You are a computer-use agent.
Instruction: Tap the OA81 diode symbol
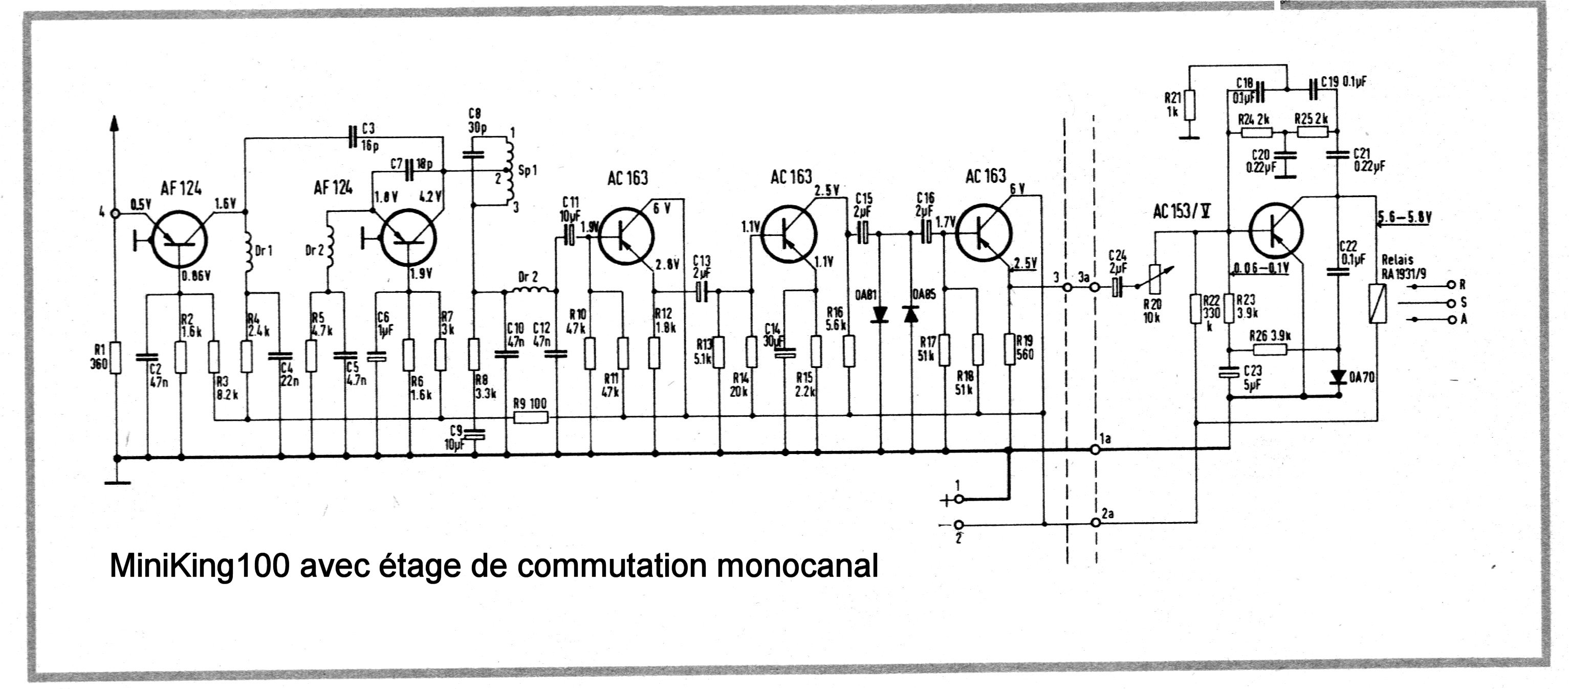coord(880,314)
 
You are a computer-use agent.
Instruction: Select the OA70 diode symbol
coord(1338,377)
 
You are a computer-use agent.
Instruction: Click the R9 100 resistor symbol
coord(531,418)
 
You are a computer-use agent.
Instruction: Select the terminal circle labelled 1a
coord(1095,449)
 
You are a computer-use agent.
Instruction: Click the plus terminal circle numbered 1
coord(958,500)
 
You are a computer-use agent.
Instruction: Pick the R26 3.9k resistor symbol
coord(1270,350)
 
